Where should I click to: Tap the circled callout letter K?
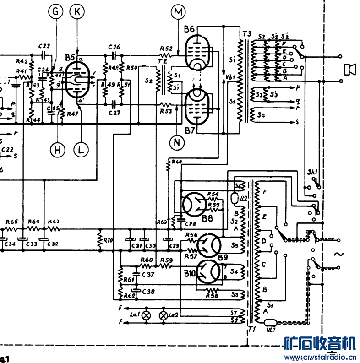pos(77,12)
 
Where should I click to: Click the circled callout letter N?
pos(177,143)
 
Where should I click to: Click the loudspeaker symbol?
pos(350,70)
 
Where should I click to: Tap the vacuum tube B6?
pos(197,51)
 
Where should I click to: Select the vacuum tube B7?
pos(197,106)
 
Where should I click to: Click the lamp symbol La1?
pos(147,315)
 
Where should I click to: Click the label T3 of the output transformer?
pos(246,33)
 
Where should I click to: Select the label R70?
pos(108,239)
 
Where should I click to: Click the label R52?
pos(166,48)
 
